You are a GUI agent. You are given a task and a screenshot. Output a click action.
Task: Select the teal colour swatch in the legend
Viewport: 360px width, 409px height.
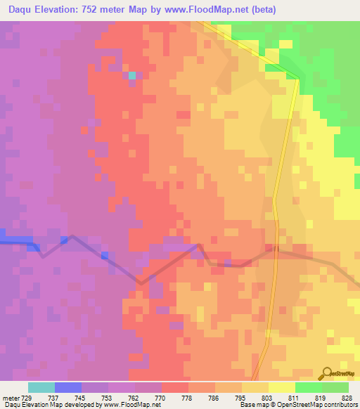(x=41, y=387)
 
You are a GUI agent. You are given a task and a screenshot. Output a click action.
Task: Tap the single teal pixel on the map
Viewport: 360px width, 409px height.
(x=132, y=75)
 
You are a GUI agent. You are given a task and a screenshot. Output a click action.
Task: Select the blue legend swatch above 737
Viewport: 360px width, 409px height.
(x=68, y=387)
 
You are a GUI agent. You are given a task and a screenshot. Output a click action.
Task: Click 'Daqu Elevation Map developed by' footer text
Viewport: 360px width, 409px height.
(x=42, y=405)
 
